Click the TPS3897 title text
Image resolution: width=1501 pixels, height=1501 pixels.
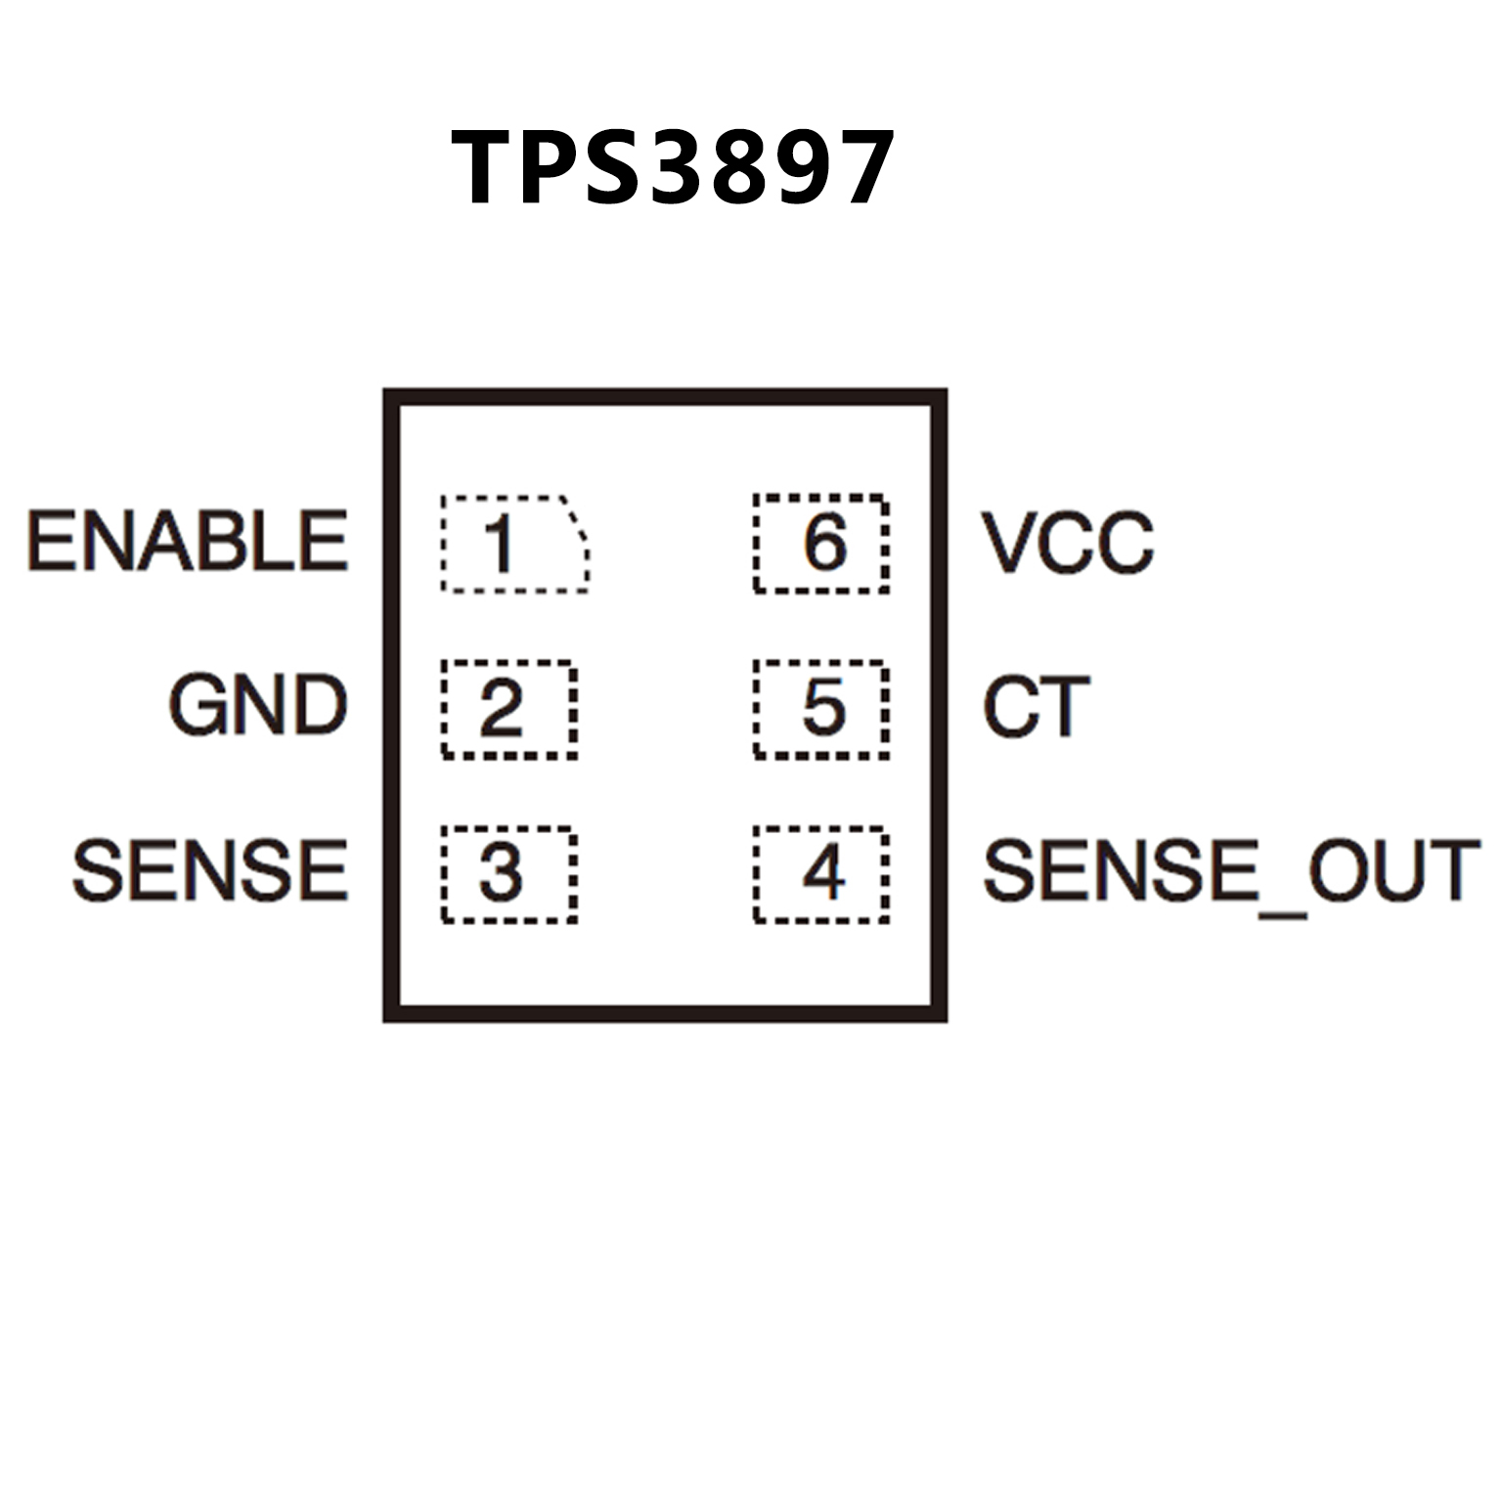coord(672,168)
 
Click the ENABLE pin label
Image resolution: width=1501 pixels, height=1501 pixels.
coord(188,541)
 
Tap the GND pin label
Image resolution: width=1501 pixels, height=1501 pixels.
coord(258,705)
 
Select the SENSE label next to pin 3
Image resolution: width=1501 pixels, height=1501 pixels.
coord(210,870)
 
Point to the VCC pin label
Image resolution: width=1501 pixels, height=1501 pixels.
coord(1068,543)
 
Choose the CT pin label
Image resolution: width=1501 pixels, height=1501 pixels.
coord(1036,707)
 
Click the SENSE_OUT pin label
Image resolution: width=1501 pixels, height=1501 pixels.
coord(1230,870)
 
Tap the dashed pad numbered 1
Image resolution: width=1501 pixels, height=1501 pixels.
coord(513,544)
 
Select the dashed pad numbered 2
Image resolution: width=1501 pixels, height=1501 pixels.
coord(508,709)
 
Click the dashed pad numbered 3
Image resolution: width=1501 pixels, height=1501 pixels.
coord(508,874)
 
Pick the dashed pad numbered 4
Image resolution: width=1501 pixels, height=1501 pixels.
coord(821,874)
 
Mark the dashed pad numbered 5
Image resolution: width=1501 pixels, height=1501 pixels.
coord(821,709)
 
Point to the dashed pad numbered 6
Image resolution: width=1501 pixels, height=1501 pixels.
coord(821,544)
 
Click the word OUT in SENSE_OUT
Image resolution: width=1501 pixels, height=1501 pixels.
coord(1394,870)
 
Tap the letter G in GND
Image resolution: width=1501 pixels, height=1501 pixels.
coord(199,705)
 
